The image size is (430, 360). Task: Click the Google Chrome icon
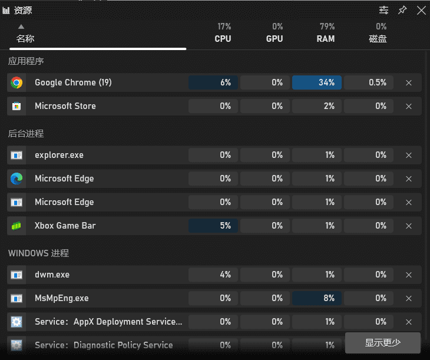point(16,82)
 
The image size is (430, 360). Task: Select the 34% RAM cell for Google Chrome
point(317,82)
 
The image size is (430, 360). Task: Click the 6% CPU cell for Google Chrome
point(213,82)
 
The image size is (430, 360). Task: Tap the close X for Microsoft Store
point(409,107)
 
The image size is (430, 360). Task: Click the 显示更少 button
point(383,343)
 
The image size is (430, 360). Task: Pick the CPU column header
point(223,39)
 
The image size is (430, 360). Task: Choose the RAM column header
point(326,39)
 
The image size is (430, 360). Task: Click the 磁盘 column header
point(378,39)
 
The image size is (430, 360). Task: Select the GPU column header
point(274,39)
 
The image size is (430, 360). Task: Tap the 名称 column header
point(25,39)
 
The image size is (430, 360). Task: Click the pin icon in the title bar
point(402,10)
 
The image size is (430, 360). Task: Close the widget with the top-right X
point(421,10)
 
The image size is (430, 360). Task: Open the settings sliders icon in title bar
point(383,10)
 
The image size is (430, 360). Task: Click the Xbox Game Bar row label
point(65,226)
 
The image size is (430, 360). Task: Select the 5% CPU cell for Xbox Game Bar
point(213,226)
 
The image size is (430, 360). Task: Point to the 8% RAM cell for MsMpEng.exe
point(317,298)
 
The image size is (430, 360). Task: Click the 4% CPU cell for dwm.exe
point(213,275)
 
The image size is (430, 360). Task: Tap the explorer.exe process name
point(59,155)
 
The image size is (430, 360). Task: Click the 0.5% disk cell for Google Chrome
point(369,82)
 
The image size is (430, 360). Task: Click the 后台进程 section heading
point(26,134)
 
